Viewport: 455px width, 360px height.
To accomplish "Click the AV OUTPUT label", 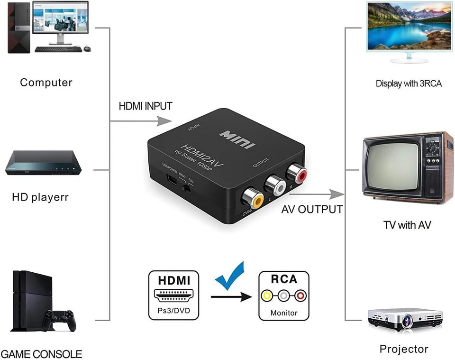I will point(312,209).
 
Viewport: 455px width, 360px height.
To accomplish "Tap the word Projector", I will point(404,349).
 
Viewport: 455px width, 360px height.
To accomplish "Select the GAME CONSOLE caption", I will point(42,354).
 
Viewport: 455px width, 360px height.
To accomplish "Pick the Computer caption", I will point(46,83).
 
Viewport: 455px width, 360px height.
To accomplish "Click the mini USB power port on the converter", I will point(171,181).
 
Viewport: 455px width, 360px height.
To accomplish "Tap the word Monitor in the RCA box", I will point(284,313).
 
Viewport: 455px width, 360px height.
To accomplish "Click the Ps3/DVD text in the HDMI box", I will point(173,313).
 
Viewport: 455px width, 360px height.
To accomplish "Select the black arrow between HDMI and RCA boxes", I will point(231,297).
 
